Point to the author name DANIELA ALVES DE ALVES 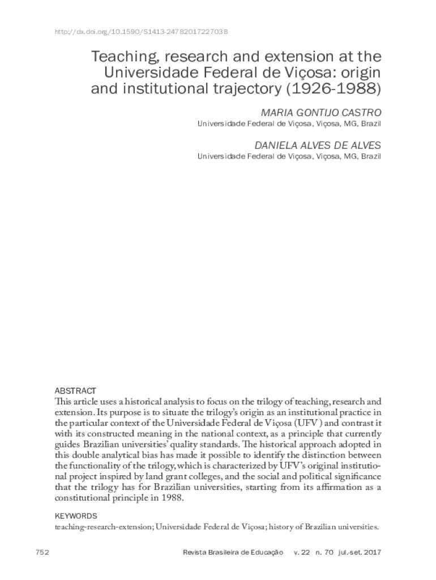[318, 145]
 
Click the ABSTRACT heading [75, 391]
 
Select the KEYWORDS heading [75, 516]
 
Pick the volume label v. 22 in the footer [302, 552]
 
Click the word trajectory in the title [247, 89]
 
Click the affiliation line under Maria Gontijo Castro [289, 124]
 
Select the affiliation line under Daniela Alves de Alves [289, 156]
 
